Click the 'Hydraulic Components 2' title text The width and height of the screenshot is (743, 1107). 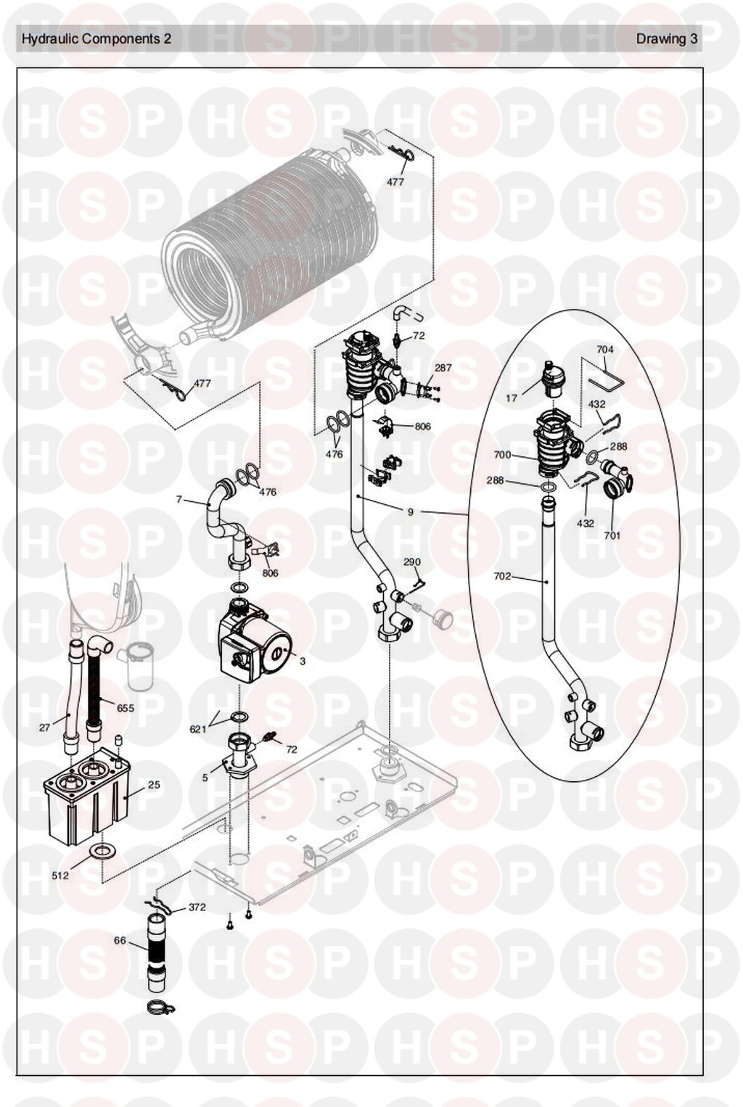pyautogui.click(x=97, y=39)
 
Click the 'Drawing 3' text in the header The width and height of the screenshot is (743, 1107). pyautogui.click(x=666, y=39)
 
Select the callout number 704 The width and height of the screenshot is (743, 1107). pyautogui.click(x=604, y=350)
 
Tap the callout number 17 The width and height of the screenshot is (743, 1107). pyautogui.click(x=512, y=398)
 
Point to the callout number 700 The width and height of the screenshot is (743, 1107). pyautogui.click(x=502, y=455)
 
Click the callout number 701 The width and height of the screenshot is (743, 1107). pyautogui.click(x=612, y=535)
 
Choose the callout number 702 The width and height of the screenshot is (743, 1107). pyautogui.click(x=502, y=577)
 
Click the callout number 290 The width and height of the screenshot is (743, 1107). pyautogui.click(x=411, y=562)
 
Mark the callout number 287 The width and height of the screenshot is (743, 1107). pyautogui.click(x=443, y=368)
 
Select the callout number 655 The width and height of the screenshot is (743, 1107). pyautogui.click(x=126, y=708)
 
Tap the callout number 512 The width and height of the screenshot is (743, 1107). pyautogui.click(x=60, y=876)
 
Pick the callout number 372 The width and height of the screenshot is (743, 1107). pyautogui.click(x=197, y=907)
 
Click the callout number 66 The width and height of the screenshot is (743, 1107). pyautogui.click(x=120, y=941)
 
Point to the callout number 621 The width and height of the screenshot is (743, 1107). pyautogui.click(x=198, y=729)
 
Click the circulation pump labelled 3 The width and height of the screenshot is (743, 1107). pyautogui.click(x=254, y=644)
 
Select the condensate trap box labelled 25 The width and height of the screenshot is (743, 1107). pyautogui.click(x=83, y=798)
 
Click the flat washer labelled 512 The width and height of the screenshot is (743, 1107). pyautogui.click(x=100, y=850)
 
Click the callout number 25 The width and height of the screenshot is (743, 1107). pyautogui.click(x=154, y=785)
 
